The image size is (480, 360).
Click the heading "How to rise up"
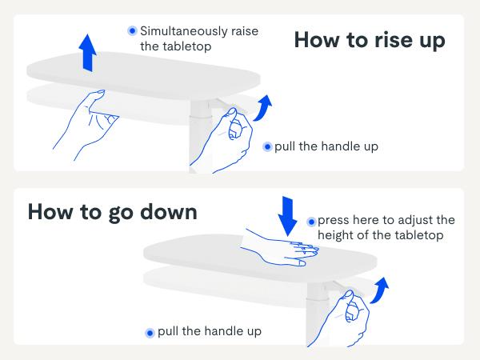370,40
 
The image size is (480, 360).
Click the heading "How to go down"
112,212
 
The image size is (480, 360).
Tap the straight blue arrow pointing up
87,53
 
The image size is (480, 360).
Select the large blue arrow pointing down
287,216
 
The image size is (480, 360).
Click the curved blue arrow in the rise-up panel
262,109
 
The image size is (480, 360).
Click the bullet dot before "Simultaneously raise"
133,30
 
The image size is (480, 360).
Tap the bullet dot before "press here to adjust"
311,222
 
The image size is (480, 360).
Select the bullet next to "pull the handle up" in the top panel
267,147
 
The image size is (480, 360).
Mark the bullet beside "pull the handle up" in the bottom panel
150,333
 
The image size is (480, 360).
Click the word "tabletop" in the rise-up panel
186,46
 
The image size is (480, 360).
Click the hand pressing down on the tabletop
279,248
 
